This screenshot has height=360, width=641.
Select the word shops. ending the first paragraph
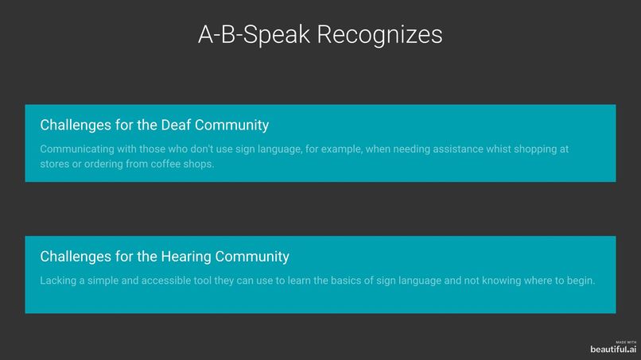[x=199, y=165]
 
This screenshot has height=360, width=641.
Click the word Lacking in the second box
[x=59, y=281]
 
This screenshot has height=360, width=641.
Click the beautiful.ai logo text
[x=613, y=349]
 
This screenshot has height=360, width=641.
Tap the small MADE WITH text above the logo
[x=626, y=342]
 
